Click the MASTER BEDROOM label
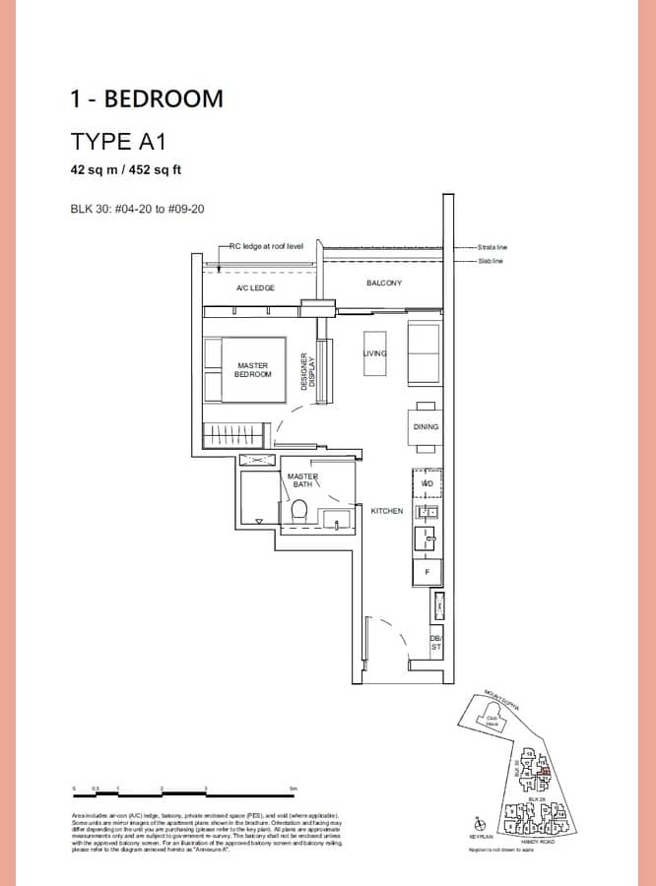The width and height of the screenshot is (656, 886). click(x=253, y=369)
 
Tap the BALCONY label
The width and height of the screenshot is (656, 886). click(x=383, y=283)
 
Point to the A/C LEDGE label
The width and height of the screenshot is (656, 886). click(x=254, y=287)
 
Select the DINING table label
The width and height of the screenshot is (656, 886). click(x=426, y=427)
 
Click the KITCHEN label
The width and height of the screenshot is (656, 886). click(x=387, y=511)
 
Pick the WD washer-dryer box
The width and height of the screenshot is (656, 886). click(x=427, y=483)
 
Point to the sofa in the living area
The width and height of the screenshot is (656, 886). click(x=425, y=353)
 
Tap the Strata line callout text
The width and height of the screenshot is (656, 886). click(x=491, y=247)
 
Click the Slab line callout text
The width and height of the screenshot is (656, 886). click(x=490, y=261)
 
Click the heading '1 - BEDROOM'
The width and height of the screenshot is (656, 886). click(x=147, y=98)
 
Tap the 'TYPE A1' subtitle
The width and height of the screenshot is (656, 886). click(x=116, y=140)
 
